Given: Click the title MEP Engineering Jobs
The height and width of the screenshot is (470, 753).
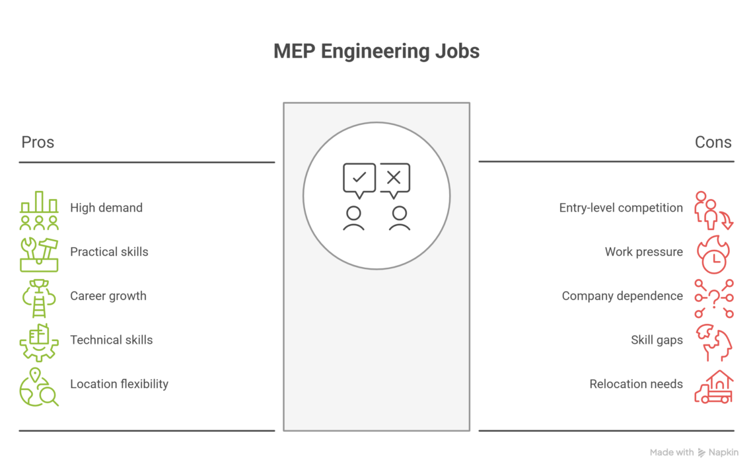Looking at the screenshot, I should click(377, 52).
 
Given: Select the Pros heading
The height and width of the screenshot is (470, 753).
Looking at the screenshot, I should click(38, 142).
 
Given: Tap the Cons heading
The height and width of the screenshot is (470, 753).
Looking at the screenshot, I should click(713, 142).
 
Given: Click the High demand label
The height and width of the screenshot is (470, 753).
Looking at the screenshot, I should click(106, 208).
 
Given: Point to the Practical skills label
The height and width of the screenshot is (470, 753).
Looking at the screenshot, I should click(109, 252).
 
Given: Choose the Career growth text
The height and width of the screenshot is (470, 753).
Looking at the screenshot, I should click(108, 295).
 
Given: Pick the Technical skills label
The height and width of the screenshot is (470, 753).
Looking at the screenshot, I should click(111, 340).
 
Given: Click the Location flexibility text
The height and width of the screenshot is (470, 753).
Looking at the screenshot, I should click(119, 384).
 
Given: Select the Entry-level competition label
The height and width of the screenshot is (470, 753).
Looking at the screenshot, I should click(621, 208).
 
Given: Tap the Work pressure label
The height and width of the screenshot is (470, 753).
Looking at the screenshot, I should click(643, 252).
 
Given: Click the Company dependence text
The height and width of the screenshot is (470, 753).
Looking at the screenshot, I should click(622, 295).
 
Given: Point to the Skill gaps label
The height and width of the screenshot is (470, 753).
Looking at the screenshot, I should click(657, 340).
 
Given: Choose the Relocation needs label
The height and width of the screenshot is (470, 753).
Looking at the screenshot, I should click(636, 384).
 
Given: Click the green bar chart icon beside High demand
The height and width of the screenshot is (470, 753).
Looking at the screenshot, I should click(39, 210).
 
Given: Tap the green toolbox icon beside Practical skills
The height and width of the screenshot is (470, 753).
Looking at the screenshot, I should click(39, 255).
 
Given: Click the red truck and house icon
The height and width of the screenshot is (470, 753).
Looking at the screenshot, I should click(713, 387).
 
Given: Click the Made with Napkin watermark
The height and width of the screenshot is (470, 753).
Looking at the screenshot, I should click(694, 453).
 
